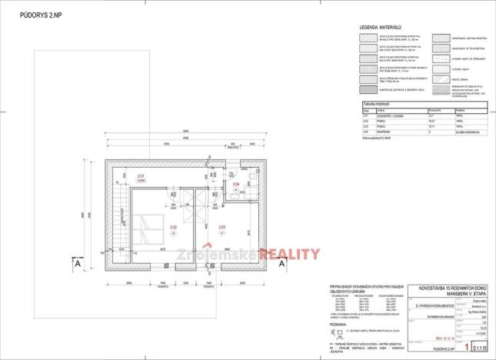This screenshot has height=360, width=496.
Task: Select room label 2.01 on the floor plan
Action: pyautogui.click(x=141, y=177)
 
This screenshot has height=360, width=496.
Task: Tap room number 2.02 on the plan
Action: pyautogui.click(x=173, y=227)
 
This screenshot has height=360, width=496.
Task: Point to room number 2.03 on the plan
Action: pyautogui.click(x=222, y=227)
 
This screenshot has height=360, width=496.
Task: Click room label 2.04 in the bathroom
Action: pyautogui.click(x=237, y=185)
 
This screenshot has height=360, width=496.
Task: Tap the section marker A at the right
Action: pyautogui.click(x=282, y=263)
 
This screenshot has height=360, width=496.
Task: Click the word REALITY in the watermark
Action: pyautogui.click(x=290, y=254)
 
